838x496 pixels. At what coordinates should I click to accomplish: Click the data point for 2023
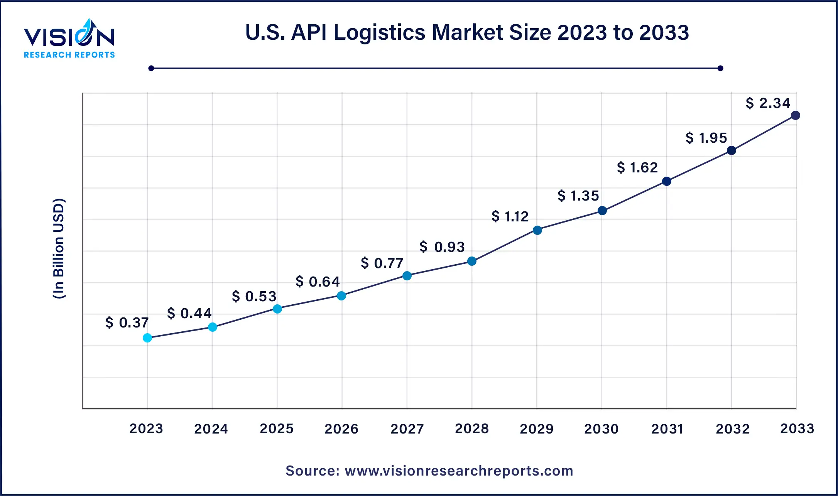click(147, 338)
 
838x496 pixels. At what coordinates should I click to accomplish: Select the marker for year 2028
click(472, 261)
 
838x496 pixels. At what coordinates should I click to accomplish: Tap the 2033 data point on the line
click(796, 115)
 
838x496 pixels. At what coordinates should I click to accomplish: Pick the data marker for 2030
click(602, 211)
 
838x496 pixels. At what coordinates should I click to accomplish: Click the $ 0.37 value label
click(127, 322)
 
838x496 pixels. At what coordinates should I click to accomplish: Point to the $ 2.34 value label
click(768, 103)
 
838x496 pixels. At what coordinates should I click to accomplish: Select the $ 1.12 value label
click(510, 216)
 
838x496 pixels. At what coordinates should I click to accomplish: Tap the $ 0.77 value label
click(382, 263)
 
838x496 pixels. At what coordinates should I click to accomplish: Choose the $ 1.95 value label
click(706, 138)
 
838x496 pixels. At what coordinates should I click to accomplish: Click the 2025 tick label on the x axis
click(277, 429)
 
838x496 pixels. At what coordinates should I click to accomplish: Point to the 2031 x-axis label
click(667, 429)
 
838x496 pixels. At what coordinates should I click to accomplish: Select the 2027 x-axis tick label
click(407, 429)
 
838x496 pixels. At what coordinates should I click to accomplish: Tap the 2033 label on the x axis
click(797, 429)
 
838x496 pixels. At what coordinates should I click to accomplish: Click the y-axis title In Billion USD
click(59, 249)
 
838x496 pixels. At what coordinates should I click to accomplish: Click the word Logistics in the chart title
click(380, 32)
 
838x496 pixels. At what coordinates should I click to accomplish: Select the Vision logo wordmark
click(69, 37)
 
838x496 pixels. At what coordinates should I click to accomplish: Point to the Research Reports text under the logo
click(69, 55)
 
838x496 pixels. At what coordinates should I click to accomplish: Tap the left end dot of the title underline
click(151, 68)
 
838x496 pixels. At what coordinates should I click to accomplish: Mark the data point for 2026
click(341, 296)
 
